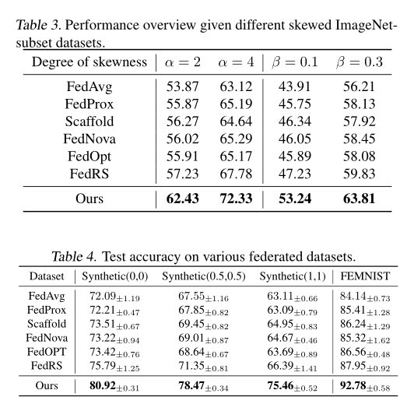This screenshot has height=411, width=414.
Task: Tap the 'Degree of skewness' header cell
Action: click(89, 62)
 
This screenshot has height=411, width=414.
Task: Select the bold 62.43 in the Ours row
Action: click(183, 199)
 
